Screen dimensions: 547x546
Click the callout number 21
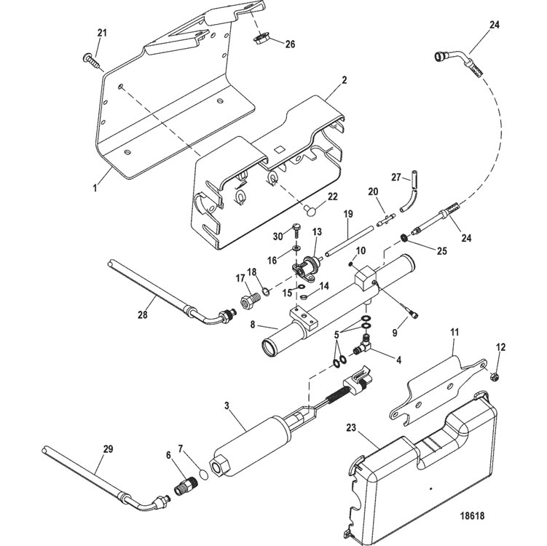click(102, 33)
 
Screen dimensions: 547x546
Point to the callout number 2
click(345, 80)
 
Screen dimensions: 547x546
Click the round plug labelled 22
click(310, 210)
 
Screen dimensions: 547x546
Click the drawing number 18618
click(473, 515)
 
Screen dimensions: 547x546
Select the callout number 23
click(351, 427)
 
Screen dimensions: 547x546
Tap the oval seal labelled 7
click(204, 475)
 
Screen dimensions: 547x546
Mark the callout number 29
click(108, 449)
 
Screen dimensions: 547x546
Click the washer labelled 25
click(404, 238)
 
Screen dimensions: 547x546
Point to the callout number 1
click(95, 189)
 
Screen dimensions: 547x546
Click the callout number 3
click(227, 405)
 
